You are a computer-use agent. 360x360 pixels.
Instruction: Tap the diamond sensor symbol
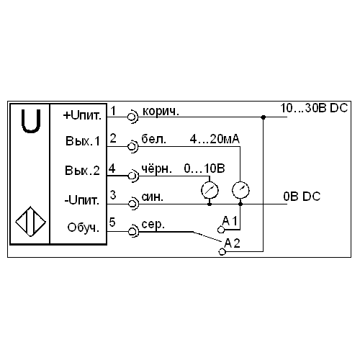pos(30,221)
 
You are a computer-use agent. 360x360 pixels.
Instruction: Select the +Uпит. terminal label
pos(82,116)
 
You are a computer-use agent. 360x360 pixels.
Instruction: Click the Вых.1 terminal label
pos(83,141)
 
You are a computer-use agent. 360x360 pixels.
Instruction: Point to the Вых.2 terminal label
pos(82,171)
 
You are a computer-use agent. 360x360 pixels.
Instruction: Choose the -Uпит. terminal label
pos(82,200)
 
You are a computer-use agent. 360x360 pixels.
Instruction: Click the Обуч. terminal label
pos(83,228)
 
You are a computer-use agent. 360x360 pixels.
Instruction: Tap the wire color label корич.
pos(161,112)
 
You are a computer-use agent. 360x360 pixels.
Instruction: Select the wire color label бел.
pos(153,139)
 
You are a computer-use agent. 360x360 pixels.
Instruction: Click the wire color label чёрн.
pos(156,168)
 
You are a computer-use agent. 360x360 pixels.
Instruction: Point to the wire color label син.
pos(153,197)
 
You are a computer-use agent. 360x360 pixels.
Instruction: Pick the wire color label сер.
pos(153,225)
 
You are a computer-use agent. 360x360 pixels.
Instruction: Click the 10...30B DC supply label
pos(314,108)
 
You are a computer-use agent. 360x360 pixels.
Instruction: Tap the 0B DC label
pos(302,197)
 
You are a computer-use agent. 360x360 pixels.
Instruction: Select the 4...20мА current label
pos(215,139)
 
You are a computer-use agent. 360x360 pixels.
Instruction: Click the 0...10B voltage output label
pos(204,168)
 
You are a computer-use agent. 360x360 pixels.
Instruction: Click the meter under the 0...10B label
pos(210,190)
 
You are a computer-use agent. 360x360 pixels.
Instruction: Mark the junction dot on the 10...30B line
pos(264,117)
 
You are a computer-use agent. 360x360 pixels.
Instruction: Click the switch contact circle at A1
pos(221,230)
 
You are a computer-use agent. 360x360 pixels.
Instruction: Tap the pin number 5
pos(112,222)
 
